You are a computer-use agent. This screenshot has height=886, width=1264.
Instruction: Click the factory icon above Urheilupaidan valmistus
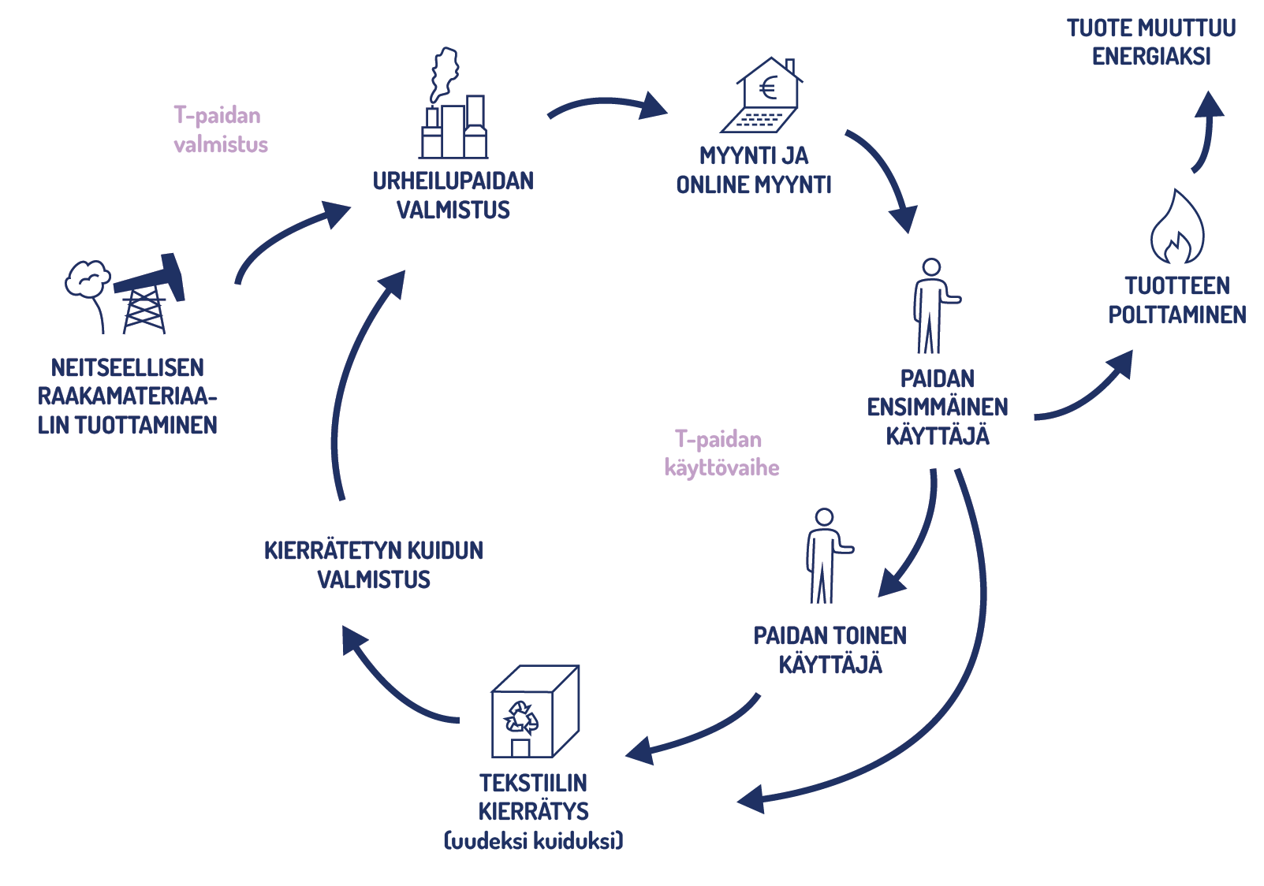pyautogui.click(x=453, y=118)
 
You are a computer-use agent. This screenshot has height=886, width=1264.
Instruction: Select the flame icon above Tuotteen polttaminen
pyautogui.click(x=1176, y=228)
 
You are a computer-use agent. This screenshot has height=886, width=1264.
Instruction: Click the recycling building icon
pyautogui.click(x=534, y=713)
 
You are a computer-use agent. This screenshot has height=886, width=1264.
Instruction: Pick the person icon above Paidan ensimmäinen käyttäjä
pyautogui.click(x=932, y=307)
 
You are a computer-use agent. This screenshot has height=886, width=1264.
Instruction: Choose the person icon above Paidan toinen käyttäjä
pyautogui.click(x=825, y=557)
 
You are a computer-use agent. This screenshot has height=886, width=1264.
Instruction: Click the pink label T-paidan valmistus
pyautogui.click(x=220, y=130)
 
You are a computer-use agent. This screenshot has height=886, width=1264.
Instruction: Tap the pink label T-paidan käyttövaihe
pyautogui.click(x=721, y=453)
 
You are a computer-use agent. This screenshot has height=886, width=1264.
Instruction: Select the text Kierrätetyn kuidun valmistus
pyautogui.click(x=374, y=564)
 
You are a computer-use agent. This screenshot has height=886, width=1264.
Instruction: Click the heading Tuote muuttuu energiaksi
pyautogui.click(x=1151, y=43)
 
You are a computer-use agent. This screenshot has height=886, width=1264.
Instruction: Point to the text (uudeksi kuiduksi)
pyautogui.click(x=534, y=841)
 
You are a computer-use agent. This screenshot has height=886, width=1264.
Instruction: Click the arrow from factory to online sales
pyautogui.click(x=607, y=105)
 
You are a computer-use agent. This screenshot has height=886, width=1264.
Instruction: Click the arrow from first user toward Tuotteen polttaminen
pyautogui.click(x=1088, y=389)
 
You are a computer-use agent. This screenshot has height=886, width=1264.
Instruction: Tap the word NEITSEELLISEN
pyautogui.click(x=127, y=368)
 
